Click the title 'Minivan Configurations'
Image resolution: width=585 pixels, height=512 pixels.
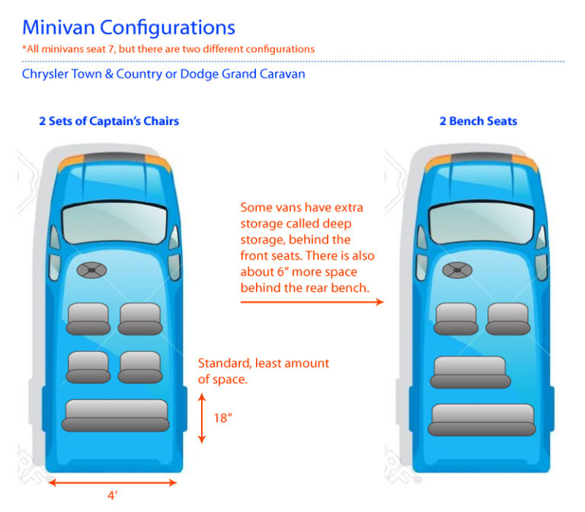click(128, 28)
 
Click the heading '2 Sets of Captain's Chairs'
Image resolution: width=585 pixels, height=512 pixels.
click(109, 121)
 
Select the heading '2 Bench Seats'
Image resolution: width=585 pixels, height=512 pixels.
click(478, 121)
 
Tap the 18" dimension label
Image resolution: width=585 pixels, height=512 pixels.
click(222, 418)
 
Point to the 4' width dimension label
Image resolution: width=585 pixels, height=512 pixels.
click(112, 496)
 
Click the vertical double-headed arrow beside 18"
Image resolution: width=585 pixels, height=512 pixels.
click(202, 418)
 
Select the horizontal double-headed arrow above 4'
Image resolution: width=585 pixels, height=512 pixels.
click(113, 482)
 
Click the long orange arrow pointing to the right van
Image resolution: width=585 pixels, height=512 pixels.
click(312, 302)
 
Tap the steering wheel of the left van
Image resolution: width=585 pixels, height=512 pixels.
click(91, 270)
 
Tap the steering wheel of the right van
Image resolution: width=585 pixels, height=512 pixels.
click(457, 270)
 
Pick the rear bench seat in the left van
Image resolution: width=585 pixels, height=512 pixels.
click(116, 415)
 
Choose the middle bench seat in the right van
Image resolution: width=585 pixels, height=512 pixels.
click(470, 372)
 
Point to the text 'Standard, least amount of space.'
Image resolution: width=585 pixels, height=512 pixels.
click(263, 370)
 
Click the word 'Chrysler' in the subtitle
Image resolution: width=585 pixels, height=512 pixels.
click(49, 75)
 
